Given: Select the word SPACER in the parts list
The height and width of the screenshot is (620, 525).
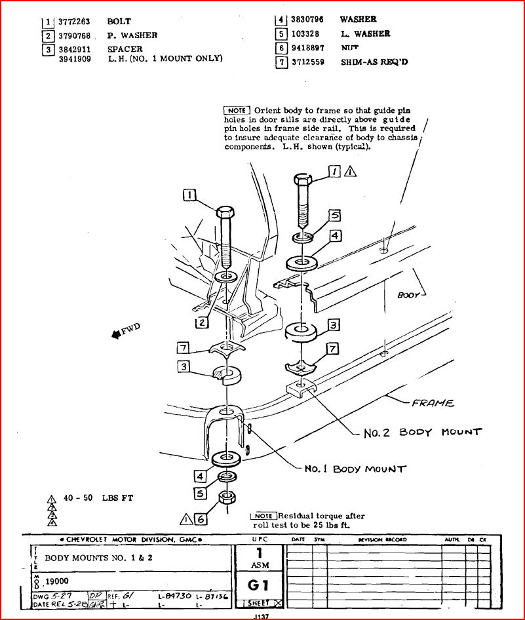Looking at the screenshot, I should [x=125, y=49].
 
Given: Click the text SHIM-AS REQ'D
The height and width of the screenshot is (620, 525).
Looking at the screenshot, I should [x=374, y=62].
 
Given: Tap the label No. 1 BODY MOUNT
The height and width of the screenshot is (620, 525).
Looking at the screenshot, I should [x=355, y=469].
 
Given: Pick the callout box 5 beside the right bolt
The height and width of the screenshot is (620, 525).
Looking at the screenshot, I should [x=334, y=214].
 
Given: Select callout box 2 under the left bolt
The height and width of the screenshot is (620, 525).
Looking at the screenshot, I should [x=201, y=321].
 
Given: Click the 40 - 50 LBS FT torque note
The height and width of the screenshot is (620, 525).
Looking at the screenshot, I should [x=98, y=498].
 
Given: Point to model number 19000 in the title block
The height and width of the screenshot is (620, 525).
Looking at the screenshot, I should [x=56, y=581].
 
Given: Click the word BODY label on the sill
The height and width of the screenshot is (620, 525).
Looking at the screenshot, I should [x=408, y=296].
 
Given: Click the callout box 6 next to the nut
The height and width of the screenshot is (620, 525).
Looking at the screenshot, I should [x=201, y=519].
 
